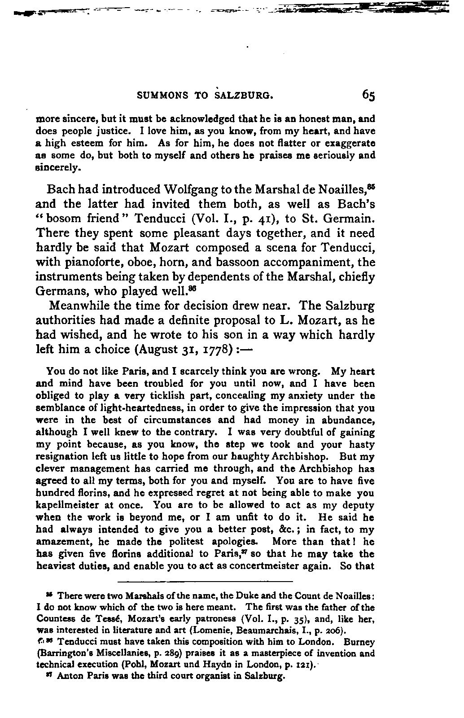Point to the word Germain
coord(349,219)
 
